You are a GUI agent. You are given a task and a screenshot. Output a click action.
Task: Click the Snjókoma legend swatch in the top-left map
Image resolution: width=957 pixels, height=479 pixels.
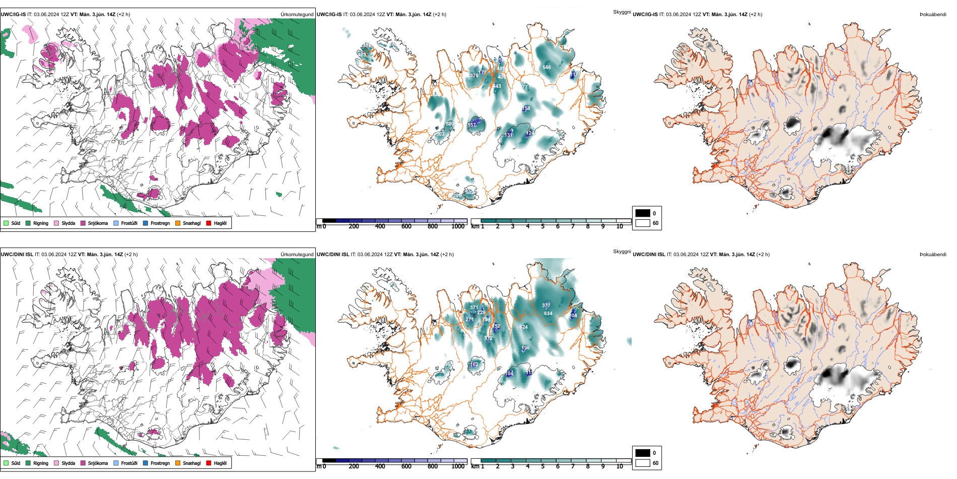(x=83, y=223)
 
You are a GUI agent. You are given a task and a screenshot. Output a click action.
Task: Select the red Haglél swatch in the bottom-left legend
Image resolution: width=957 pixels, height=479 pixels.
(x=209, y=463)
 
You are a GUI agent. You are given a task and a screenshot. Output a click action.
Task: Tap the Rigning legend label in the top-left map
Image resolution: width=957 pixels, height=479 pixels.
(x=41, y=223)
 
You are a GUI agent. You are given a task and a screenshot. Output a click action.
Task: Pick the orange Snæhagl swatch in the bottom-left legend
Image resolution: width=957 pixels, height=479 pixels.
(x=178, y=463)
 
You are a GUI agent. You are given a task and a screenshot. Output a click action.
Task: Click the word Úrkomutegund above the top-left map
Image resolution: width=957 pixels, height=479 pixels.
(x=297, y=15)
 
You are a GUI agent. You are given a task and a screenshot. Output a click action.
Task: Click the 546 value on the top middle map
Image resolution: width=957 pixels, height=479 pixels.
(x=546, y=67)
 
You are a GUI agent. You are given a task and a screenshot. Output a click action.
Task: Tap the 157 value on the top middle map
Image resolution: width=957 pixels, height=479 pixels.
(x=472, y=125)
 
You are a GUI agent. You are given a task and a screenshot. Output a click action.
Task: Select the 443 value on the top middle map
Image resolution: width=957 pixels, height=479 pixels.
(x=497, y=86)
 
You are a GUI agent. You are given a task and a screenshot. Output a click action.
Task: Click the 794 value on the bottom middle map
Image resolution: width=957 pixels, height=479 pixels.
(x=486, y=320)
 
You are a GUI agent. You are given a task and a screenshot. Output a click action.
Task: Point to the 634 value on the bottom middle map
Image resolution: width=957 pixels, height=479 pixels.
(x=548, y=314)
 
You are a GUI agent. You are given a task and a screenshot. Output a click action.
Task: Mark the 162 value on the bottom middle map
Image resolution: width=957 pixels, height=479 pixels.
(x=474, y=365)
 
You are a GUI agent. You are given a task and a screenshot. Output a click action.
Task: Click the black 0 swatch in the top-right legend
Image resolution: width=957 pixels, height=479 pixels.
(x=643, y=213)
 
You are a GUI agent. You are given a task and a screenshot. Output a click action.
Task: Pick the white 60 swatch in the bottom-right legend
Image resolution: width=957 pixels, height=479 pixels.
(x=643, y=463)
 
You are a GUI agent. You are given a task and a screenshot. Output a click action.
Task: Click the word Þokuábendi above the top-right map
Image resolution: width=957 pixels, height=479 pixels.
(x=933, y=15)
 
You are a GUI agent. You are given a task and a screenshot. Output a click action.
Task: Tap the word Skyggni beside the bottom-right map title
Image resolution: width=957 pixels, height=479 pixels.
(x=622, y=252)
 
